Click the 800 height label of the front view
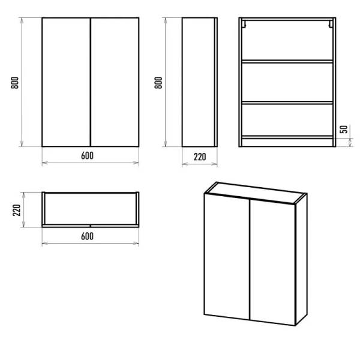pos(14,83)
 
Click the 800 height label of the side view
pos(158,83)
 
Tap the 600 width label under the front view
pos(87,155)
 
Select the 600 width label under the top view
pos(87,236)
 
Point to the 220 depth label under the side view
pos(200,157)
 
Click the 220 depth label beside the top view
pos(17,210)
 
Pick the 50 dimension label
pos(344,129)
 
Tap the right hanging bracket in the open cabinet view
pos(331,24)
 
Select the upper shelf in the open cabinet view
pos(287,61)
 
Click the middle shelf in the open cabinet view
pos(287,103)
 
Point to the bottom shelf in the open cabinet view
pos(287,137)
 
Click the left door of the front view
pos(66,82)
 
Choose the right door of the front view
pos(115,82)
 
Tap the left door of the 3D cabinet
pos(227,256)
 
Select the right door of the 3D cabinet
pos(272,262)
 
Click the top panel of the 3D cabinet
pos(256,193)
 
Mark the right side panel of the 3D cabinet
pos(301,259)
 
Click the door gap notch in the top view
pos(91,226)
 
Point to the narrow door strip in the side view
pos(215,82)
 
